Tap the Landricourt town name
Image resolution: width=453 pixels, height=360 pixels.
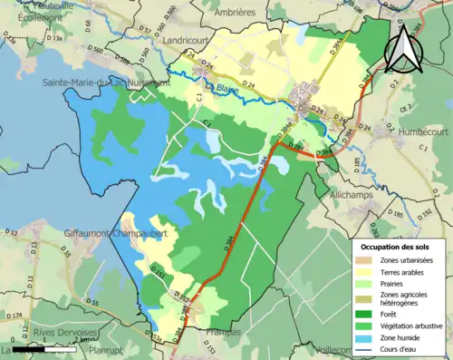pos(188,41)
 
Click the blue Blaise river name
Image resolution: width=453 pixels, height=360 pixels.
pos(233,88)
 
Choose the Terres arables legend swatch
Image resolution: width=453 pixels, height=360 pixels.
pos(367,272)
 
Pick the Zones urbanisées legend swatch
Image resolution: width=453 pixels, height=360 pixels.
pos(367,259)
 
